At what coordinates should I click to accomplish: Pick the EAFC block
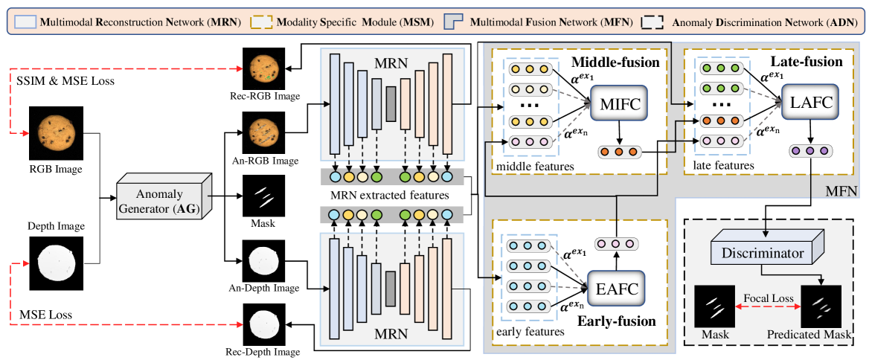(x=615, y=283)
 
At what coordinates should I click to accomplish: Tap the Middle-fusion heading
(x=615, y=62)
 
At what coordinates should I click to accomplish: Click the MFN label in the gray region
(x=841, y=192)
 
